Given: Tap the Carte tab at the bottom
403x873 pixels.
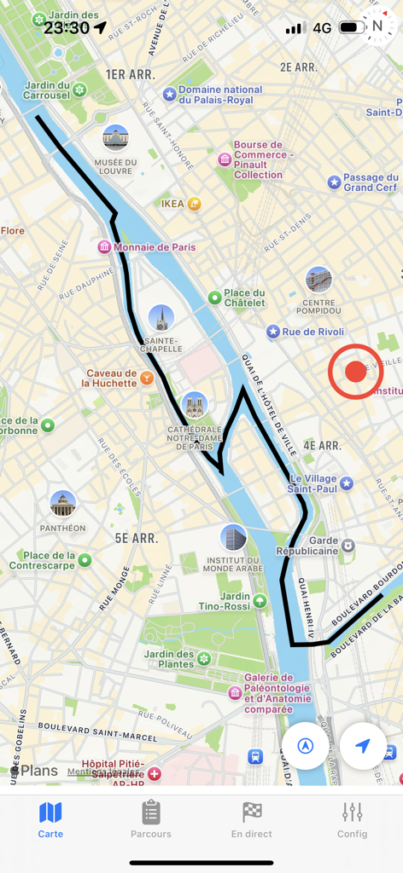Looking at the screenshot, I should tap(50, 820).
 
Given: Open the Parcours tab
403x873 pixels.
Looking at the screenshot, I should tap(151, 820).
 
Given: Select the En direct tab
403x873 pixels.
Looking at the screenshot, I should tap(252, 820).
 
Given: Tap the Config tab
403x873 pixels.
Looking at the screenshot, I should tap(352, 820).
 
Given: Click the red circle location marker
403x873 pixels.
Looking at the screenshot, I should tap(355, 372).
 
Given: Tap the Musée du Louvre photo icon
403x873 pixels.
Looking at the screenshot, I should tap(115, 137).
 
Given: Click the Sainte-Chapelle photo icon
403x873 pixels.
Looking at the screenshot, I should tap(161, 318).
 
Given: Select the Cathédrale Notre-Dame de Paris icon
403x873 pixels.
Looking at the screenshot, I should tap(195, 405).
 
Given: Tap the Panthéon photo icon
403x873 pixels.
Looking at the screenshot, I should tap(62, 504).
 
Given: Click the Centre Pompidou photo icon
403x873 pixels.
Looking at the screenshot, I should tap(318, 280).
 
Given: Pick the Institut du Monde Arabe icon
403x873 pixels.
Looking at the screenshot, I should tap(233, 538).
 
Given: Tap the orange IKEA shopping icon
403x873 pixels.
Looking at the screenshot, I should tap(194, 204).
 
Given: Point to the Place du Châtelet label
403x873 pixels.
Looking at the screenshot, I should tap(244, 298).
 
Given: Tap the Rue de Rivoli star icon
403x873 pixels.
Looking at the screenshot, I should tap(272, 332).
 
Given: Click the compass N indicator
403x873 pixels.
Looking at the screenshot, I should tap(377, 26).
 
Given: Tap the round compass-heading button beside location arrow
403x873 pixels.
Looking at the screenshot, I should tap(305, 746).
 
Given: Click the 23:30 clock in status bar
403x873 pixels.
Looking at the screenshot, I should tap(67, 27).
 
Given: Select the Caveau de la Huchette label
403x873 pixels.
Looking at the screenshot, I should tap(111, 378).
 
